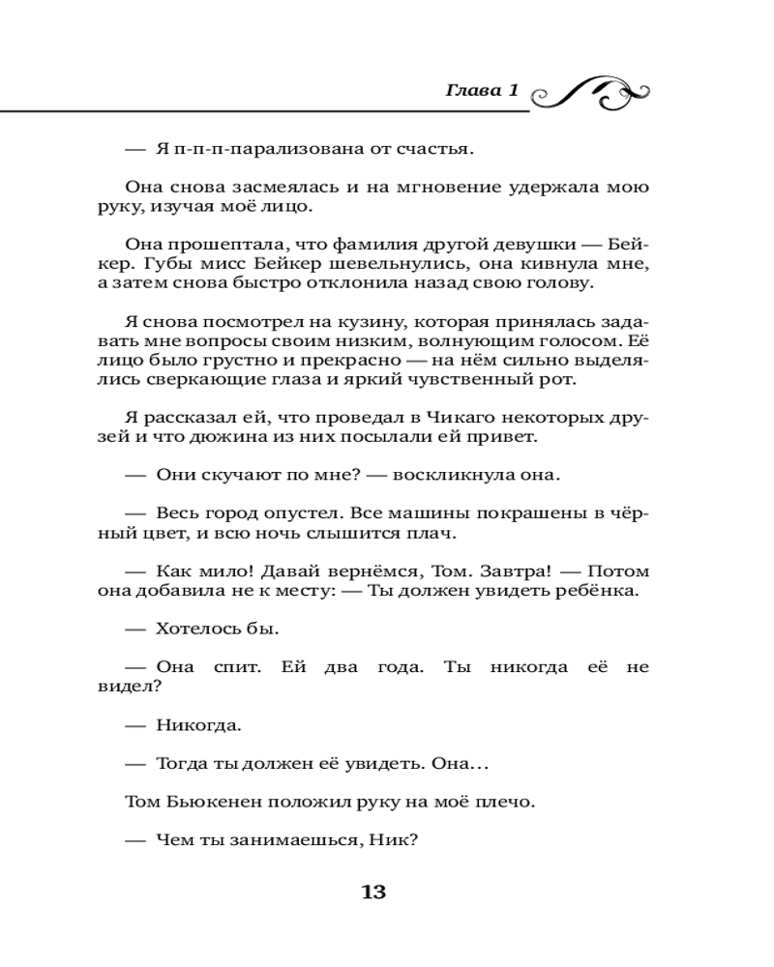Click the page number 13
coord(373,892)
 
